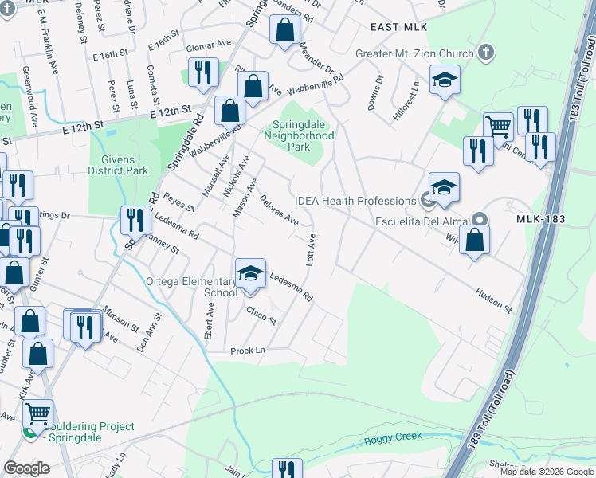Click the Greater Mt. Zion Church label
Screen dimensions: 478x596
[414, 54]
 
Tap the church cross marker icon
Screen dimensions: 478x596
[485, 54]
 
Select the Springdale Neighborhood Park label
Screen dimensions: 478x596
[303, 136]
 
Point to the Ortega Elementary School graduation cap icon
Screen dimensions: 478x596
[250, 274]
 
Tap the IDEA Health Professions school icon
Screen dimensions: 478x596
[444, 187]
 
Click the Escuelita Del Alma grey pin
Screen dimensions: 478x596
[480, 218]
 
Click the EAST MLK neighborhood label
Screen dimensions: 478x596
[394, 27]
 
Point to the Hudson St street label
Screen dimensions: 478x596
[494, 300]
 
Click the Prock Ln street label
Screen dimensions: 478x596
[247, 351]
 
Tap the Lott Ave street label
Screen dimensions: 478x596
[312, 250]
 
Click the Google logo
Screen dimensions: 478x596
[26, 468]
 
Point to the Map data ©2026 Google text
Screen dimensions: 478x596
[547, 472]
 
